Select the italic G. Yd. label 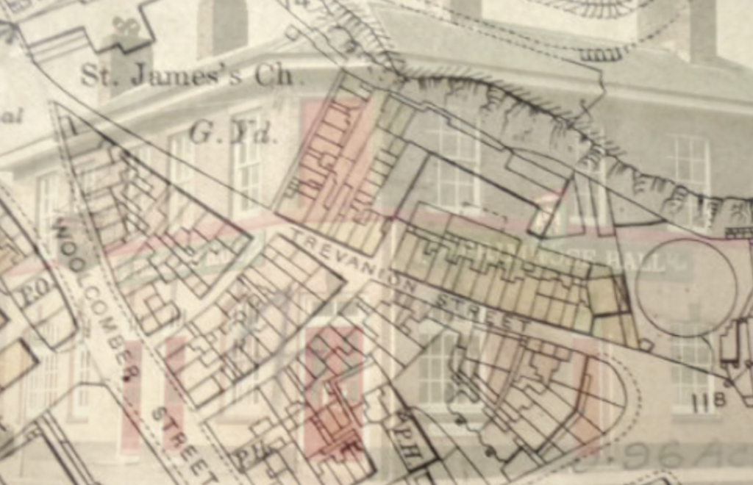point(231,133)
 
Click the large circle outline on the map point(685,287)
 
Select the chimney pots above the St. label point(126,29)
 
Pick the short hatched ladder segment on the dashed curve point(599,54)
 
